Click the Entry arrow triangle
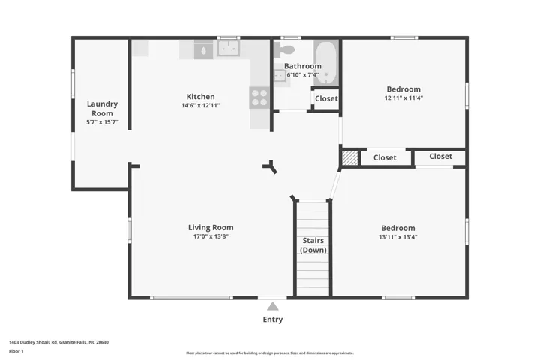coord(273,306)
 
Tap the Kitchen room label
coord(200,97)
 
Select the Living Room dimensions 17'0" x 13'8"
coord(211,236)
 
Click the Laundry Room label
coord(102,109)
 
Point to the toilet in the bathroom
coord(284,49)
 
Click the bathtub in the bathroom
coord(326,62)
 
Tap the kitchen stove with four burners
coord(259,97)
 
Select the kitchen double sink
coord(229,48)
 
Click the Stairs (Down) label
coord(313,245)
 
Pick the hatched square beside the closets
coord(350,158)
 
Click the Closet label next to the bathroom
coord(326,98)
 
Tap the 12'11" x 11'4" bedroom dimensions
coord(403,97)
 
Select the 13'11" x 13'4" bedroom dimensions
coord(398,237)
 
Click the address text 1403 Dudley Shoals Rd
coord(33,342)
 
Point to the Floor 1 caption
coord(16,352)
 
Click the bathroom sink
coord(280,75)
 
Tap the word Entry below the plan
coord(273,319)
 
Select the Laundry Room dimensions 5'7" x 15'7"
coord(102,122)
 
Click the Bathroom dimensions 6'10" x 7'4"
coord(303,75)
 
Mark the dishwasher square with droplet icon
coord(203,51)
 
